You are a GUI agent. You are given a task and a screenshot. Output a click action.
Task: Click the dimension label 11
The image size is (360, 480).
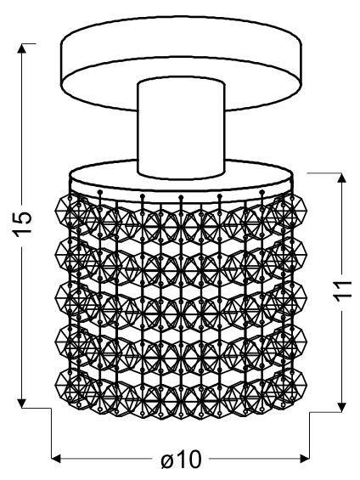(x=343, y=291)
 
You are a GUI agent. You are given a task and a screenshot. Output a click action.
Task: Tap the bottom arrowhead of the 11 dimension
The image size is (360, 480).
(x=342, y=405)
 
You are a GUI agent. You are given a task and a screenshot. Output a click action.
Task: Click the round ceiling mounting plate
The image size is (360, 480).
(x=182, y=49)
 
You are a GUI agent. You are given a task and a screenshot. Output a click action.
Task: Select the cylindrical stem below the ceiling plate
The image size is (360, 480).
(x=182, y=128)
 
